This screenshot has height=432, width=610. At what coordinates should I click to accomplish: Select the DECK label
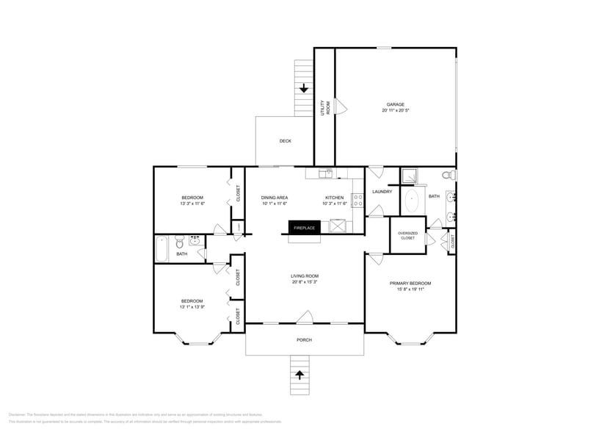285,141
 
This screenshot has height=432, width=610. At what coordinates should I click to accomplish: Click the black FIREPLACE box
305,228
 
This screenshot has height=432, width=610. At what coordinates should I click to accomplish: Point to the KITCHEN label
334,198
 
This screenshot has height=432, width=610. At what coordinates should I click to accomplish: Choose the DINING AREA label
275,198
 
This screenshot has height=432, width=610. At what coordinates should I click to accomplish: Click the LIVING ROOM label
304,276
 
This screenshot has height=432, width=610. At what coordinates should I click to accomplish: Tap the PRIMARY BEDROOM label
410,284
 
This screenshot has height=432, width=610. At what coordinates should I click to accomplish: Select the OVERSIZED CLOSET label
407,235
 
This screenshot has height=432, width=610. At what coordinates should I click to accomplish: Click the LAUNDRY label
382,192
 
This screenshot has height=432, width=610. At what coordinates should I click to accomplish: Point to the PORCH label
304,339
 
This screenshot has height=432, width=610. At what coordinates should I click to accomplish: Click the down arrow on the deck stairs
304,88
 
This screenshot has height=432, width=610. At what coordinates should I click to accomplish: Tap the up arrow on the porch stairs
299,375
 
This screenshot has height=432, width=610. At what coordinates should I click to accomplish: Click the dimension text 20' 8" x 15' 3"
304,282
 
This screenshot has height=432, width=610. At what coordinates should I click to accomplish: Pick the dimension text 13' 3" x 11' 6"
192,204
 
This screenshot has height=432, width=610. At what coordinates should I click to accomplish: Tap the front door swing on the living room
305,317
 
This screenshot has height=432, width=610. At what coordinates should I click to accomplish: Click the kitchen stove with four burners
358,201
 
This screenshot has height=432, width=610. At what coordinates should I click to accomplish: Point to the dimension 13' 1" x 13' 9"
192,306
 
